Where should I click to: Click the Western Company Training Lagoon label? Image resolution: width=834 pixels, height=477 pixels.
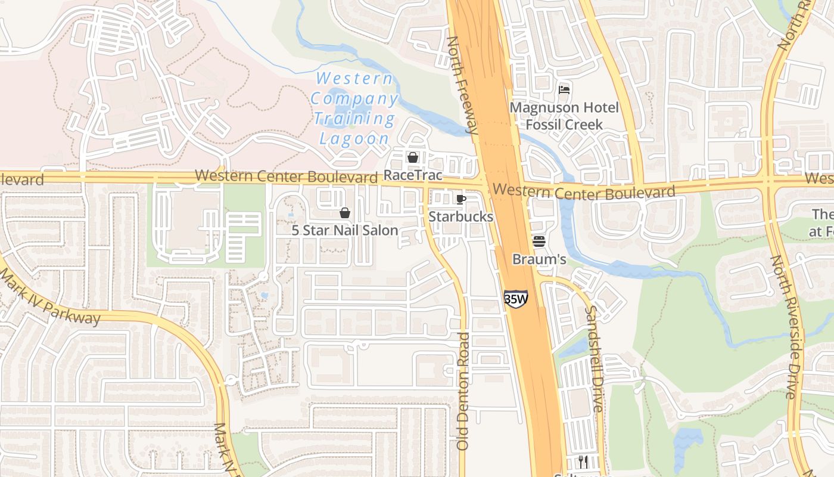[355, 109]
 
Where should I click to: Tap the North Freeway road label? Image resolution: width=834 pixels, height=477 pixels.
[462, 85]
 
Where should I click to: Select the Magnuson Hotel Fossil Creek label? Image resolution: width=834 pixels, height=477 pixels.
[564, 116]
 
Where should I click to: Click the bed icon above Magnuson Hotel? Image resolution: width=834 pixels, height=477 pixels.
[564, 90]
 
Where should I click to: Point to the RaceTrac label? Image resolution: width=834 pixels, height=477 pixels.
[413, 175]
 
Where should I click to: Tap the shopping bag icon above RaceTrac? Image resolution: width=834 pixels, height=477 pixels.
[412, 157]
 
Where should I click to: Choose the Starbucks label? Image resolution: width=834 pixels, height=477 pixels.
[460, 216]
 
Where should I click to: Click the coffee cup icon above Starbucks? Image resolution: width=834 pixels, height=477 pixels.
[460, 199]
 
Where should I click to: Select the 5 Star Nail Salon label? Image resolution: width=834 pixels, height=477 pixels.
[344, 230]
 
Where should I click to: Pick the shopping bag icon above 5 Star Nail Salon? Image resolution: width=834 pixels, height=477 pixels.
[344, 213]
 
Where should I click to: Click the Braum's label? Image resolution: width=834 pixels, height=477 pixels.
[539, 259]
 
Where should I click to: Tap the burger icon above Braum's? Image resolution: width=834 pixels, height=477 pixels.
[539, 241]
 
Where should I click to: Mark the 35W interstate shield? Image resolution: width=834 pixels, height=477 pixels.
[515, 298]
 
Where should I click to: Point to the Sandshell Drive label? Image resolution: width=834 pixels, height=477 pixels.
[594, 359]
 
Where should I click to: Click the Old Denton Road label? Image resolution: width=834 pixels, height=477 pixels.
[463, 391]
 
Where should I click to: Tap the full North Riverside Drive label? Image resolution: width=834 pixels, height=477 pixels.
[783, 327]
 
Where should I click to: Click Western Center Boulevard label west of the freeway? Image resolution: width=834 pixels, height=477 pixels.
[286, 176]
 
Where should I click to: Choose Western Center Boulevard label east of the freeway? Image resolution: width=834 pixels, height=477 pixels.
[584, 192]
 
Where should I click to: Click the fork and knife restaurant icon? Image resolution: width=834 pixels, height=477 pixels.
[583, 461]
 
